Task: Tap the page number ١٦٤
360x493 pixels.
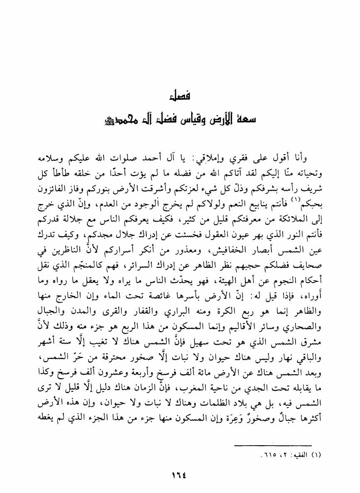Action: [180, 473]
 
